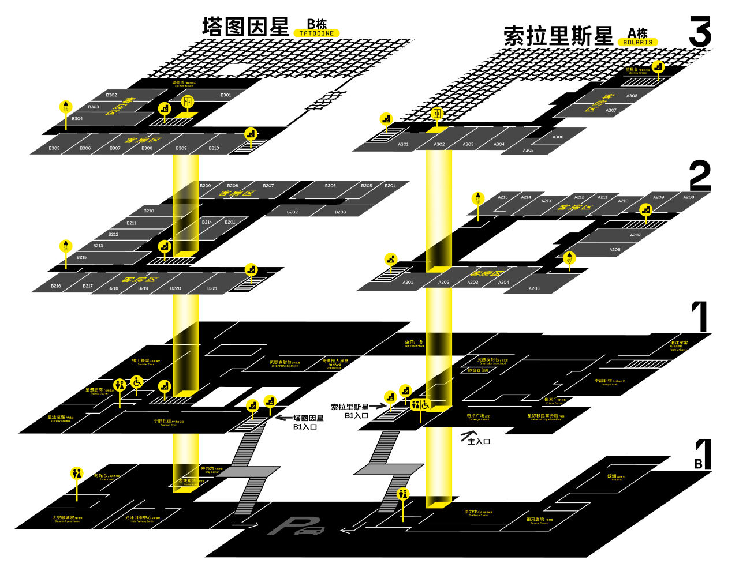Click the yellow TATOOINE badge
(316, 33)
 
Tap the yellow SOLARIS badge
(637, 42)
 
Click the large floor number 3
(700, 32)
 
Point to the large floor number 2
(700, 176)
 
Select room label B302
(111, 95)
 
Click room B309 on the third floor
(181, 148)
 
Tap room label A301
(403, 144)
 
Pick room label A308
(632, 96)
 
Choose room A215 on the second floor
(503, 197)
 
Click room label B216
(56, 286)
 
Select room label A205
(534, 288)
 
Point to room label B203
(340, 212)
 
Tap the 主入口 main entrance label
(479, 441)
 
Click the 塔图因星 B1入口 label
(308, 422)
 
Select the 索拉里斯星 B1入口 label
(349, 411)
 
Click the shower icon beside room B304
(66, 107)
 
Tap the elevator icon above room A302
(437, 113)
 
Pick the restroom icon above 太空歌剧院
(77, 473)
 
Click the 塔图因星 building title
(245, 27)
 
